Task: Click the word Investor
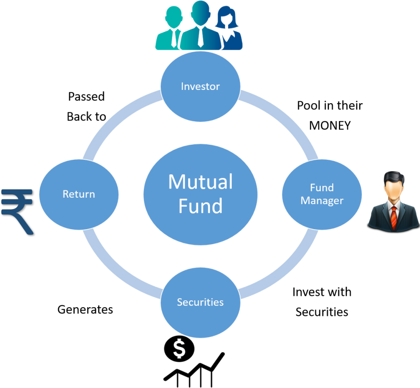point(200,86)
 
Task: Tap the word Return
point(79,194)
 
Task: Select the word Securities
point(200,302)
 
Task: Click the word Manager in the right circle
point(322,201)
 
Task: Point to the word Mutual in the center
point(200,182)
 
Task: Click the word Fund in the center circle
point(200,206)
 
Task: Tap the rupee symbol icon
point(17,210)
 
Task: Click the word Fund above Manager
point(322,188)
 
